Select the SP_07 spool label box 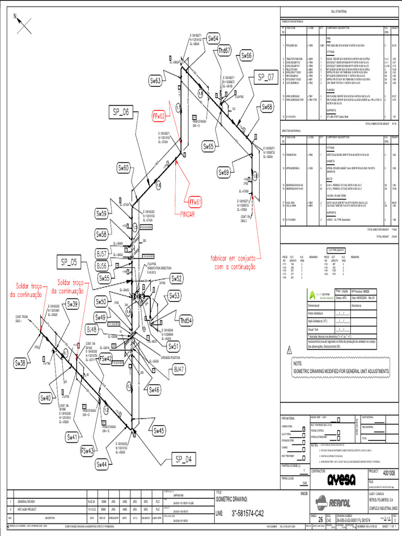click(x=265, y=78)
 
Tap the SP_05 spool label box click(x=69, y=262)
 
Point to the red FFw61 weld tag click(x=195, y=202)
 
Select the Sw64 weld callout click(x=214, y=38)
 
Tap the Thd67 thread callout click(x=225, y=50)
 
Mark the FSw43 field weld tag click(x=87, y=450)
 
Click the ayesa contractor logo click(x=341, y=480)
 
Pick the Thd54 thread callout click(x=185, y=320)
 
